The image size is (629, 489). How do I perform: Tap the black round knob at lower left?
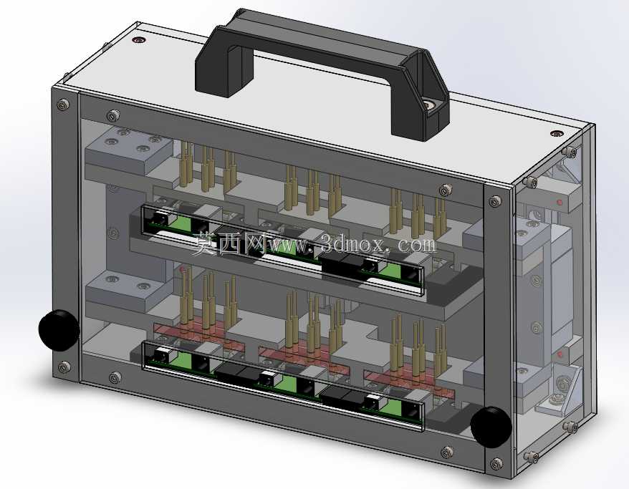coord(59,330)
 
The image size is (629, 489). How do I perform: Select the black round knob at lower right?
coord(491,427)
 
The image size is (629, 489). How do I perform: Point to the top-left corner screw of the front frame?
coord(63,105)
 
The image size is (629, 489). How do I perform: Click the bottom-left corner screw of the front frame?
coord(64,367)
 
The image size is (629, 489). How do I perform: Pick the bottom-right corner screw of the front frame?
coord(496,464)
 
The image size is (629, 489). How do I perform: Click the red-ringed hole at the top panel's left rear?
coord(139,40)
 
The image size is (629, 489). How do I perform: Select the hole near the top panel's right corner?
coord(557,133)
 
